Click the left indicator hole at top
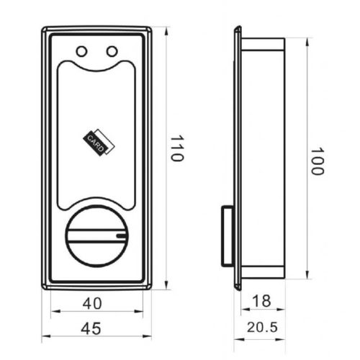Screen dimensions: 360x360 (82, 51)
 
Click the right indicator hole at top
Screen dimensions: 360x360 (111, 51)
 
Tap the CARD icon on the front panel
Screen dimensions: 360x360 (97, 142)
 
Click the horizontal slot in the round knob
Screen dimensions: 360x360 (96, 234)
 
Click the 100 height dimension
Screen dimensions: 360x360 (318, 161)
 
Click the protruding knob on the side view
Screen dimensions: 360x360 (225, 234)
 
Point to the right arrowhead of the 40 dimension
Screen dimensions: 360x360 (140, 311)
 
